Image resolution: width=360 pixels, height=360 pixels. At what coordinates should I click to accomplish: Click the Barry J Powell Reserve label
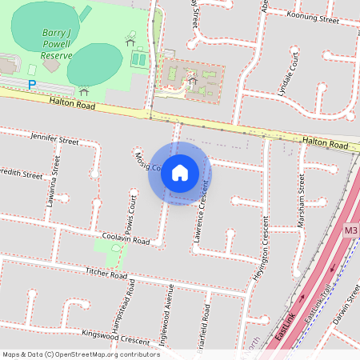coord(57,44)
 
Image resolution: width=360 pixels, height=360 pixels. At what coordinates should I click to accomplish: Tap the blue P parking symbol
coord(32,84)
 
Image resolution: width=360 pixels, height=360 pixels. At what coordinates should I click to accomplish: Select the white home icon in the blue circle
coord(180,173)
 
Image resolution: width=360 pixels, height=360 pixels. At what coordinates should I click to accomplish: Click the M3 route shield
coord(351,230)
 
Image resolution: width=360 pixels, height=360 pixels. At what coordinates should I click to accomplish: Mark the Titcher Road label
coord(106,274)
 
